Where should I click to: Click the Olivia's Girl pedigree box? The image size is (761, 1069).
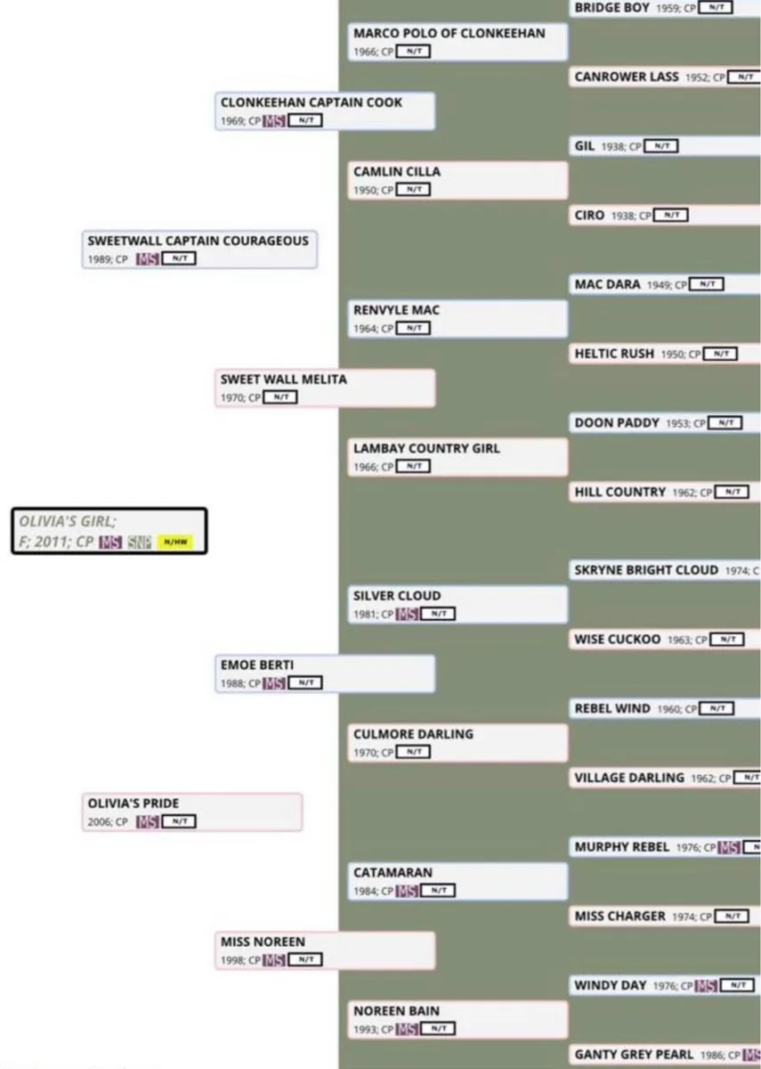pyautogui.click(x=109, y=531)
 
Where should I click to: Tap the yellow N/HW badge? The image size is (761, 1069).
pyautogui.click(x=174, y=543)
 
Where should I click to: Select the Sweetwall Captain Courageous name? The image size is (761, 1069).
pyautogui.click(x=198, y=241)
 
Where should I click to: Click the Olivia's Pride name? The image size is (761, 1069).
pyautogui.click(x=128, y=804)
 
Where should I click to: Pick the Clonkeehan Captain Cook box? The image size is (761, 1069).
pyautogui.click(x=325, y=111)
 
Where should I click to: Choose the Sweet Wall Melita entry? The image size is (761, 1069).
pyautogui.click(x=325, y=388)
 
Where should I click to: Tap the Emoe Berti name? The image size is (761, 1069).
pyautogui.click(x=257, y=665)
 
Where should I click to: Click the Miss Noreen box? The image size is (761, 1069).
pyautogui.click(x=325, y=951)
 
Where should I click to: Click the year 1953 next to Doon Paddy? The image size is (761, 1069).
pyautogui.click(x=677, y=423)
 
